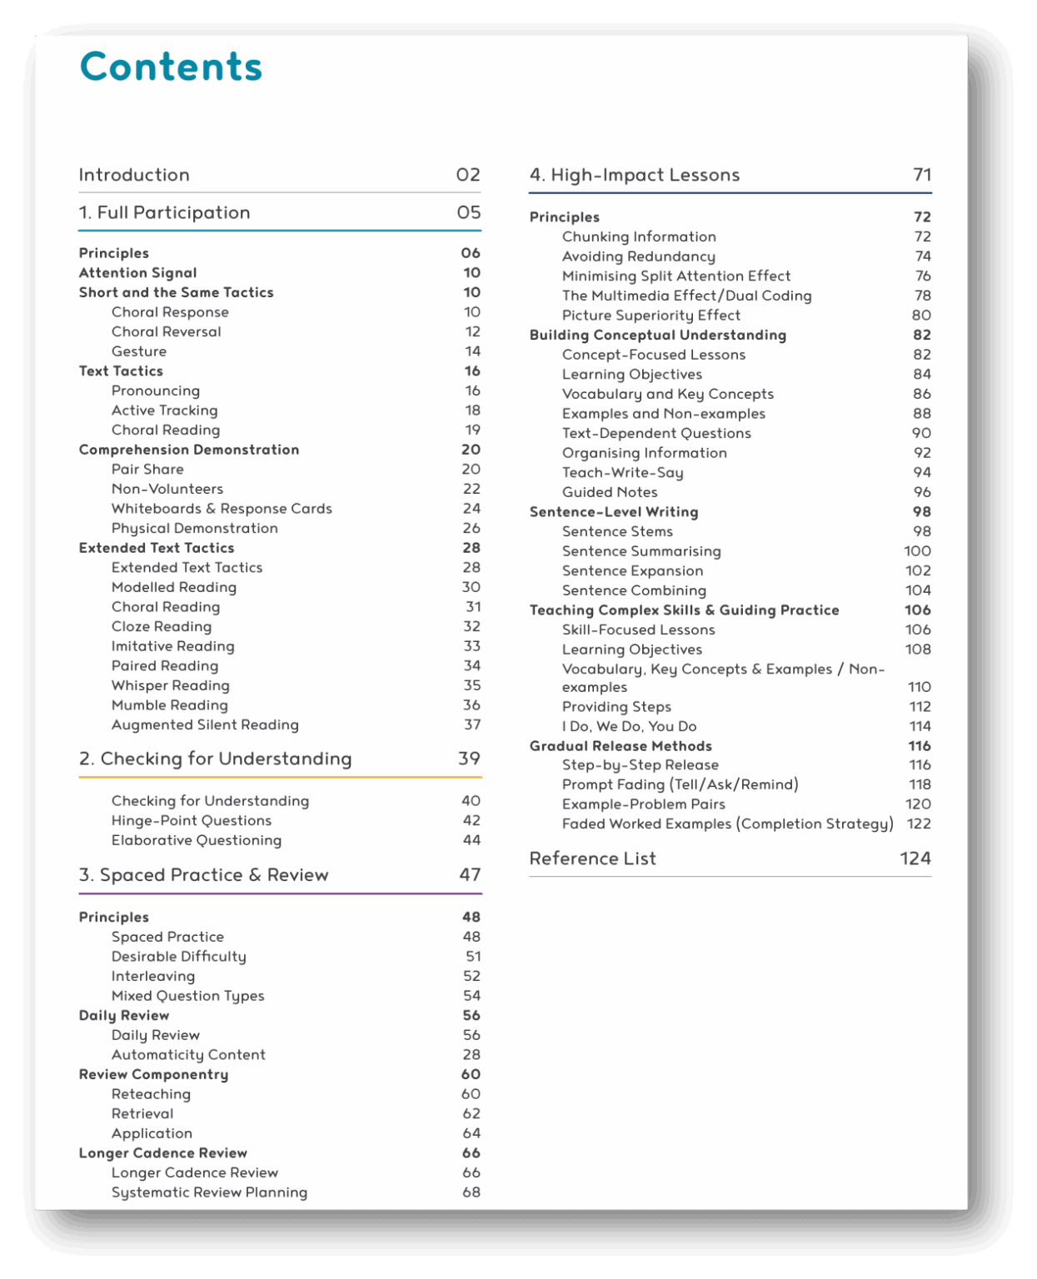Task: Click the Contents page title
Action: pyautogui.click(x=171, y=67)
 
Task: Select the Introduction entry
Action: pyautogui.click(x=134, y=175)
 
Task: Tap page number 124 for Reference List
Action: pyautogui.click(x=915, y=858)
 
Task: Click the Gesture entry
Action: pyautogui.click(x=139, y=351)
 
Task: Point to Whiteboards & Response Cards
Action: pyautogui.click(x=222, y=509)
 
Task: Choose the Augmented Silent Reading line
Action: pyautogui.click(x=205, y=725)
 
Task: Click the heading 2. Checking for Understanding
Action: pyautogui.click(x=215, y=759)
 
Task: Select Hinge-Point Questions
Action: pyautogui.click(x=192, y=820)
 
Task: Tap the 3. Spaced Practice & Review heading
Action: pyautogui.click(x=203, y=874)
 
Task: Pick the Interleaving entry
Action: pyautogui.click(x=153, y=976)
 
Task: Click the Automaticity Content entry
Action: pyautogui.click(x=188, y=1055)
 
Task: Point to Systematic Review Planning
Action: pyautogui.click(x=209, y=1192)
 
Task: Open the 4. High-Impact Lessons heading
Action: pyautogui.click(x=634, y=175)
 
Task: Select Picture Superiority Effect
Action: pyautogui.click(x=651, y=316)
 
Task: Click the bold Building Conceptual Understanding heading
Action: pyautogui.click(x=657, y=335)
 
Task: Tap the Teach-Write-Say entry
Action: pyautogui.click(x=622, y=473)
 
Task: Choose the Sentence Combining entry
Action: pyautogui.click(x=634, y=590)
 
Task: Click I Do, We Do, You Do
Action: pyautogui.click(x=629, y=726)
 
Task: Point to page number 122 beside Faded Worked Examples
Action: pyautogui.click(x=919, y=824)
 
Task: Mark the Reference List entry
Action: pyautogui.click(x=592, y=858)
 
